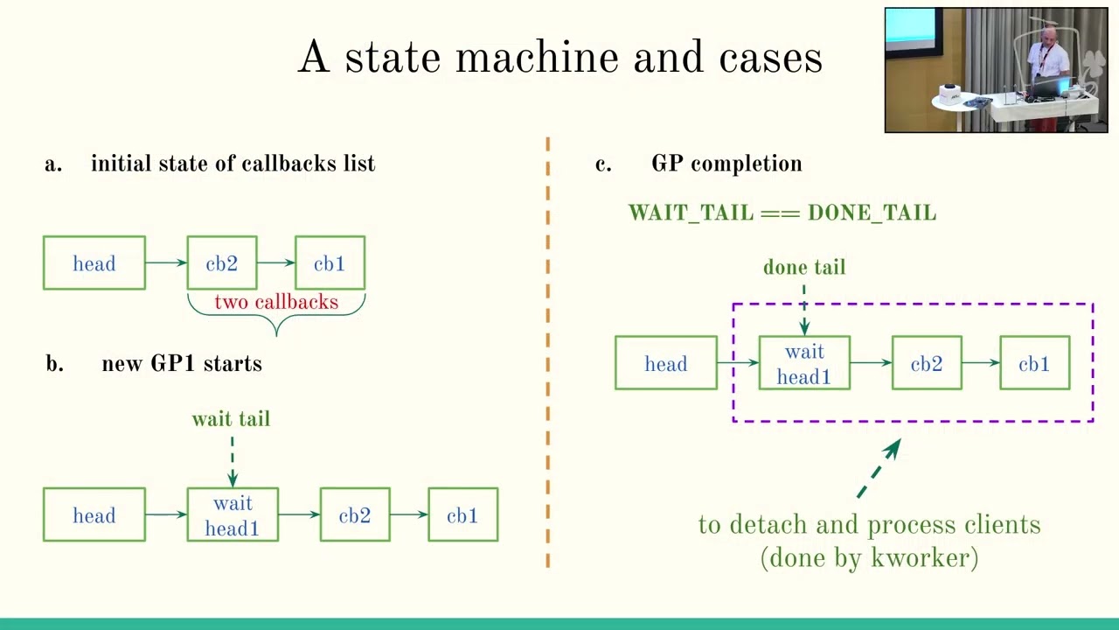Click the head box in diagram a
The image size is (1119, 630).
pyautogui.click(x=94, y=263)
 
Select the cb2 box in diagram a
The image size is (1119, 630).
pyautogui.click(x=222, y=263)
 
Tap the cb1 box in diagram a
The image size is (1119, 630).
pyautogui.click(x=330, y=263)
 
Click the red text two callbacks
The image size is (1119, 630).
pyautogui.click(x=276, y=302)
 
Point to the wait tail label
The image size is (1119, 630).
pyautogui.click(x=231, y=419)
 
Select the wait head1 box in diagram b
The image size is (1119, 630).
pyautogui.click(x=233, y=515)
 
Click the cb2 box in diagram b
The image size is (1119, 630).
pyautogui.click(x=355, y=515)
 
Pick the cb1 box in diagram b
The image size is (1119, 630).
pyautogui.click(x=462, y=515)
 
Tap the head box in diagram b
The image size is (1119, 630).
pyautogui.click(x=94, y=515)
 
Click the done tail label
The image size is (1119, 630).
pyautogui.click(x=804, y=267)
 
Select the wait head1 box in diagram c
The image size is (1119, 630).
pyautogui.click(x=804, y=364)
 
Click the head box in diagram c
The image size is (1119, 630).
pyautogui.click(x=666, y=364)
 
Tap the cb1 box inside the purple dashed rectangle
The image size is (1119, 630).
pyautogui.click(x=1034, y=364)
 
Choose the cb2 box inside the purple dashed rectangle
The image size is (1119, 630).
pyautogui.click(x=927, y=364)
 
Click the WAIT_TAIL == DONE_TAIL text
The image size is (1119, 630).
pyautogui.click(x=782, y=213)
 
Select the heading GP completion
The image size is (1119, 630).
pyautogui.click(x=726, y=164)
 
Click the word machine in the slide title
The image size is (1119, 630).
pyautogui.click(x=538, y=58)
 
